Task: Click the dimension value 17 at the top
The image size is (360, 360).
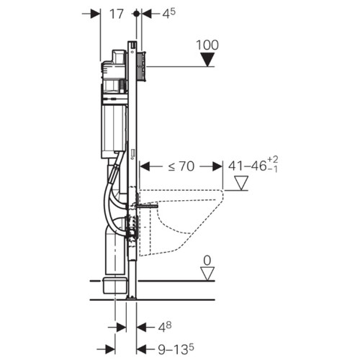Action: coord(117,14)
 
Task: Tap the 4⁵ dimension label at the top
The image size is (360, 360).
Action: coord(168,14)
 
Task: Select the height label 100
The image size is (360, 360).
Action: coord(207,45)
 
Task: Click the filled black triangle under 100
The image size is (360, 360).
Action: coord(207,60)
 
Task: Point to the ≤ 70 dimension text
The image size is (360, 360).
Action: coord(181,166)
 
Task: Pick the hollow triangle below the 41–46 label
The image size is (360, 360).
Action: coord(241,183)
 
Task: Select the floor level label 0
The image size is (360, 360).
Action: coord(207,261)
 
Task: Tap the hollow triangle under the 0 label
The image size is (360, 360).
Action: coord(207,274)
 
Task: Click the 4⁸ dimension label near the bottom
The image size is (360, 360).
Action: coord(164,327)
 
